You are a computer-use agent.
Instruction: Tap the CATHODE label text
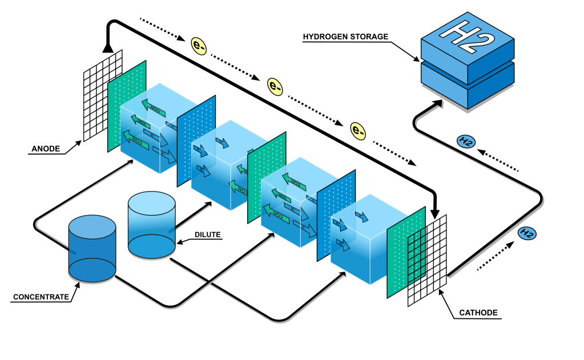[478, 313]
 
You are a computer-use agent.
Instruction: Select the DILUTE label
[207, 234]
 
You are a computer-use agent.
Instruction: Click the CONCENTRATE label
[41, 297]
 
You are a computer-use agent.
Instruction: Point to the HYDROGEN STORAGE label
[345, 37]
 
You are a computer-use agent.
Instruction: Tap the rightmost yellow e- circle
[358, 131]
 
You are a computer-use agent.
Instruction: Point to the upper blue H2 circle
[465, 142]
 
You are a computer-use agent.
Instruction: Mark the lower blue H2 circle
[526, 233]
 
